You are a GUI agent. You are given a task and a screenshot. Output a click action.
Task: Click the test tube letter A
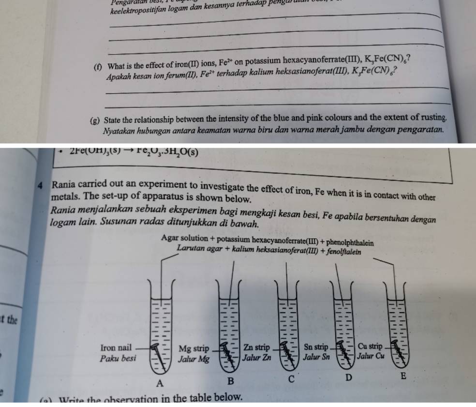point(161,383)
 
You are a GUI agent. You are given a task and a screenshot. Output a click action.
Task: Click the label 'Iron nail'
point(116,348)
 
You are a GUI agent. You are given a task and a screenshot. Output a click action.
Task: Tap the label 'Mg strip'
point(193,348)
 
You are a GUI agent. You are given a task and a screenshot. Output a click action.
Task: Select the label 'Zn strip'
point(256,347)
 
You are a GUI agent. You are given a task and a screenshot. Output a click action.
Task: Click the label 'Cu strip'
point(370,347)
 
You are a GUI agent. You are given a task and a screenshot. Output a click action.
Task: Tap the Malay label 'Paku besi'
point(117,359)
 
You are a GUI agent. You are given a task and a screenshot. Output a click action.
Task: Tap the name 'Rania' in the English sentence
point(64,185)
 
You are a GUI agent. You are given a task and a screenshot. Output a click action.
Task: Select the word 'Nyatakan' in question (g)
point(119,131)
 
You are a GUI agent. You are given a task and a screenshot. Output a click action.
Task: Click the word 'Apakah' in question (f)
point(119,77)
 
